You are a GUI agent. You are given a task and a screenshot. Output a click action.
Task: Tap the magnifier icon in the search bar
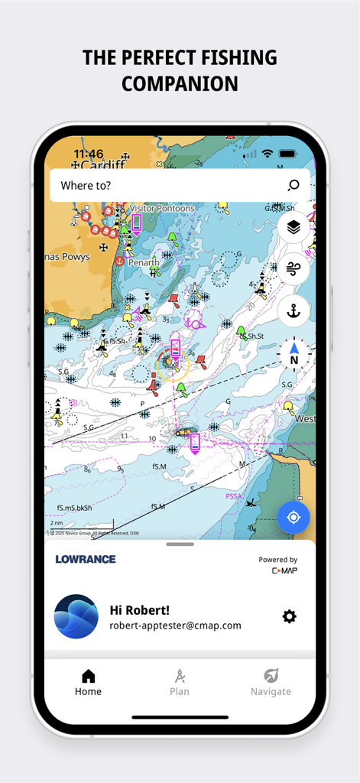[294, 185]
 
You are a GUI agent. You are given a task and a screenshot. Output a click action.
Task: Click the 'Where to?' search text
[86, 185]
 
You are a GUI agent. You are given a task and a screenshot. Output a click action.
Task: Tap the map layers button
[294, 227]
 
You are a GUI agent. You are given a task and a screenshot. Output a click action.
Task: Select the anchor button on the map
[294, 310]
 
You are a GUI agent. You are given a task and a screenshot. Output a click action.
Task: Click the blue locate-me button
[294, 518]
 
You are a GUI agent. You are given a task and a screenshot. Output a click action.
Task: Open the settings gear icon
[289, 616]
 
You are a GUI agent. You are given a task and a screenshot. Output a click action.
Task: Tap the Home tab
[88, 683]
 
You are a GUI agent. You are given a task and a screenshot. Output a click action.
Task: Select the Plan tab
[180, 683]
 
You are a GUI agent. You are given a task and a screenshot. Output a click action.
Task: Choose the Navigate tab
[271, 683]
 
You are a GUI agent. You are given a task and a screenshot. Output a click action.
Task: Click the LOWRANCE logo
[86, 559]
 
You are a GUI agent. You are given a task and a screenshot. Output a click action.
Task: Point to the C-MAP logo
[284, 570]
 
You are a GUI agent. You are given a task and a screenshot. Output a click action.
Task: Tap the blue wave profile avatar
[76, 616]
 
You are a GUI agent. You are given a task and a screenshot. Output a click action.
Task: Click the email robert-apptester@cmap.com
[175, 625]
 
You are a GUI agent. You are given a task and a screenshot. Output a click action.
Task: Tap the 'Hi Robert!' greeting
[139, 609]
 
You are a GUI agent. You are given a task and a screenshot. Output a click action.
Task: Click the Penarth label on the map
[143, 262]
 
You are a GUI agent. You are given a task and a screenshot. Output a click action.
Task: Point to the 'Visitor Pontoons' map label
[161, 208]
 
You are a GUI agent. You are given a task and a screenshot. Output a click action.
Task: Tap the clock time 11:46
[89, 154]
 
